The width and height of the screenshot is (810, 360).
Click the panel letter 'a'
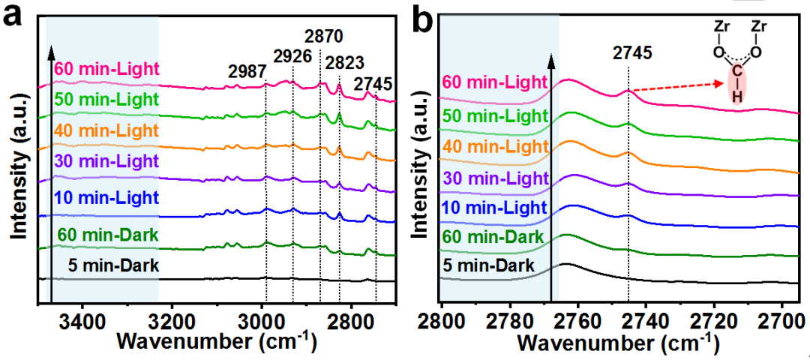pyautogui.click(x=16, y=16)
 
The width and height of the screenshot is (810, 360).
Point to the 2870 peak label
pyautogui.click(x=325, y=34)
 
